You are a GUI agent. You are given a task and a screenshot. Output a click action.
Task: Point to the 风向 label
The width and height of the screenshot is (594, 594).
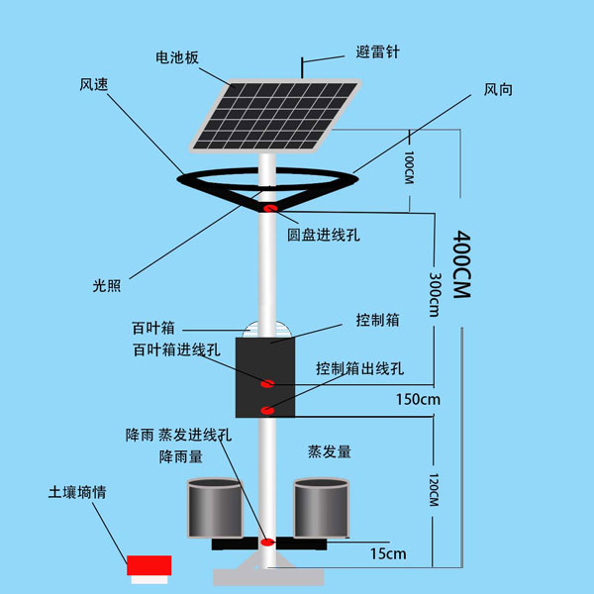click(x=497, y=89)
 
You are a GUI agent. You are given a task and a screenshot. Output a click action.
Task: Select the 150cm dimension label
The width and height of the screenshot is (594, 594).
click(x=416, y=400)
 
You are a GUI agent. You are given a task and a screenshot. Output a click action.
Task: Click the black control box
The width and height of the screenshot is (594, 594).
click(x=265, y=376)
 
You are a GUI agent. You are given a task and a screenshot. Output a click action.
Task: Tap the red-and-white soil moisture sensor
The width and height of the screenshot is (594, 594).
click(x=148, y=565)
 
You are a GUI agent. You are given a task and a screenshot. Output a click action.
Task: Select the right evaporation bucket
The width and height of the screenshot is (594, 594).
click(x=322, y=508)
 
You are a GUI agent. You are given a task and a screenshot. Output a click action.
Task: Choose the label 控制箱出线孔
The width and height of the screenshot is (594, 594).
click(x=360, y=368)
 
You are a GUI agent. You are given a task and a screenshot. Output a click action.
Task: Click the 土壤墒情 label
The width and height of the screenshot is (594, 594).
click(x=76, y=491)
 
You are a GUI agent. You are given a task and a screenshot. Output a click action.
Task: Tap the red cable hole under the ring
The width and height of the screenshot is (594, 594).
click(x=270, y=207)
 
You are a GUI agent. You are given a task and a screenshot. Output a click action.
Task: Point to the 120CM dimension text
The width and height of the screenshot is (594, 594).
click(x=434, y=487)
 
